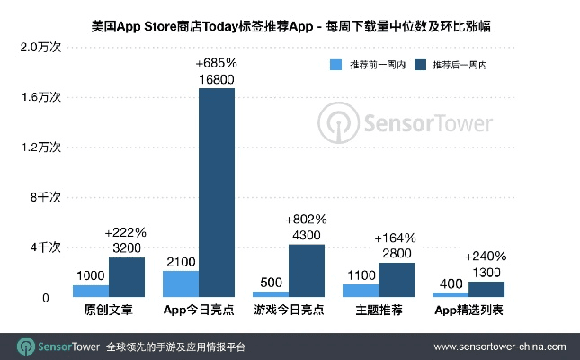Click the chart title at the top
point(290,28)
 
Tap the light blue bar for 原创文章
point(90,291)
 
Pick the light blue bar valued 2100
point(180,283)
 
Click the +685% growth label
point(216,64)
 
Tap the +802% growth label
point(306,220)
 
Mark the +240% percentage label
point(486,256)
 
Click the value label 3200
point(126,247)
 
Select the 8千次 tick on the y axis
point(45,196)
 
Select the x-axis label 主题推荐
point(378,310)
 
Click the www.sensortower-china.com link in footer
point(500,346)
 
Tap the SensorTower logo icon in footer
point(26,346)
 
